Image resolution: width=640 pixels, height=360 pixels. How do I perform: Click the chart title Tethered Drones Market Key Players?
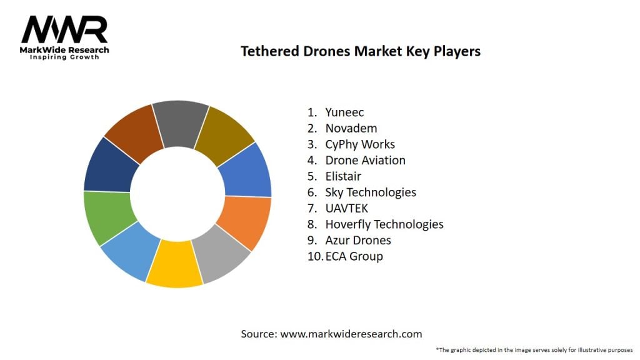(x=361, y=51)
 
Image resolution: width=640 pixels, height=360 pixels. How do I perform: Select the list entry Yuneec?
(x=344, y=112)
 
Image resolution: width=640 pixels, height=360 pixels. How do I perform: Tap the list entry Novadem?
(x=351, y=129)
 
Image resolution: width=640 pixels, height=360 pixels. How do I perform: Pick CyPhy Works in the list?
(x=360, y=144)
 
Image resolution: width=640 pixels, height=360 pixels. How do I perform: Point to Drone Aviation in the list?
(x=365, y=161)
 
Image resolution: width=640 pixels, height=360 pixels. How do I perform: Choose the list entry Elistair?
(x=343, y=176)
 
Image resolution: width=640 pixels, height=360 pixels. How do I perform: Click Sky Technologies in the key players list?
(x=371, y=192)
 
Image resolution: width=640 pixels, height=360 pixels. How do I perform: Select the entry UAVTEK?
(x=347, y=208)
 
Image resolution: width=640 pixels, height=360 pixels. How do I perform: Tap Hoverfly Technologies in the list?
(x=384, y=224)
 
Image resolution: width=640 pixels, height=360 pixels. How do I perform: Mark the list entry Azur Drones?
(x=358, y=240)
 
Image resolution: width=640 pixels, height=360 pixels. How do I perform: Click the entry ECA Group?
(x=354, y=256)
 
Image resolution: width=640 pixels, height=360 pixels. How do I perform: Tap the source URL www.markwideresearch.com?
(x=351, y=334)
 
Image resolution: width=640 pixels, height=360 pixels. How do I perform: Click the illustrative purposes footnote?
(x=534, y=350)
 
